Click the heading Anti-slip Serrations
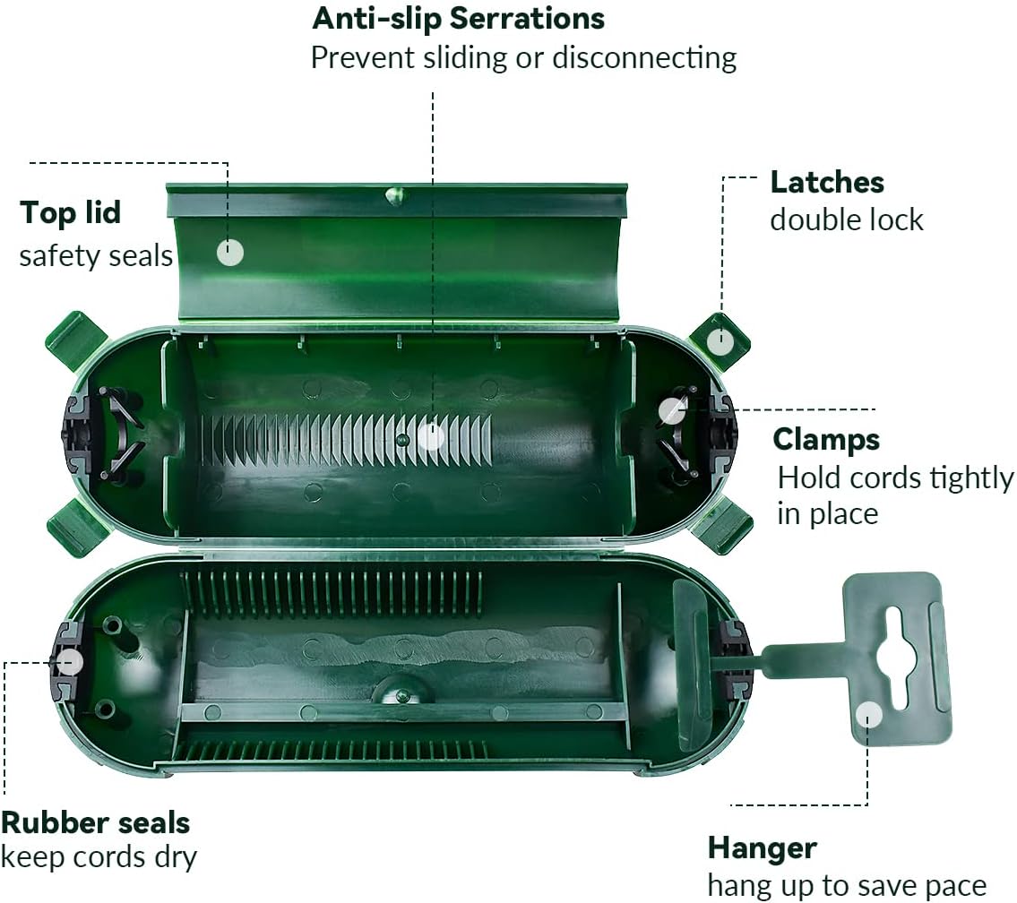click(458, 18)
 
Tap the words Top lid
click(70, 212)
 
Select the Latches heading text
click(827, 182)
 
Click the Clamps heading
click(825, 440)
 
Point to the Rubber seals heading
click(95, 822)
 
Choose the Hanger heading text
click(763, 848)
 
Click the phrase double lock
click(847, 219)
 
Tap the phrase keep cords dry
click(99, 857)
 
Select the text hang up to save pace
click(847, 885)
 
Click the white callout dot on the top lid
click(229, 252)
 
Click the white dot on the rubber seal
click(69, 662)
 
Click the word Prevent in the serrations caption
click(363, 57)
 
